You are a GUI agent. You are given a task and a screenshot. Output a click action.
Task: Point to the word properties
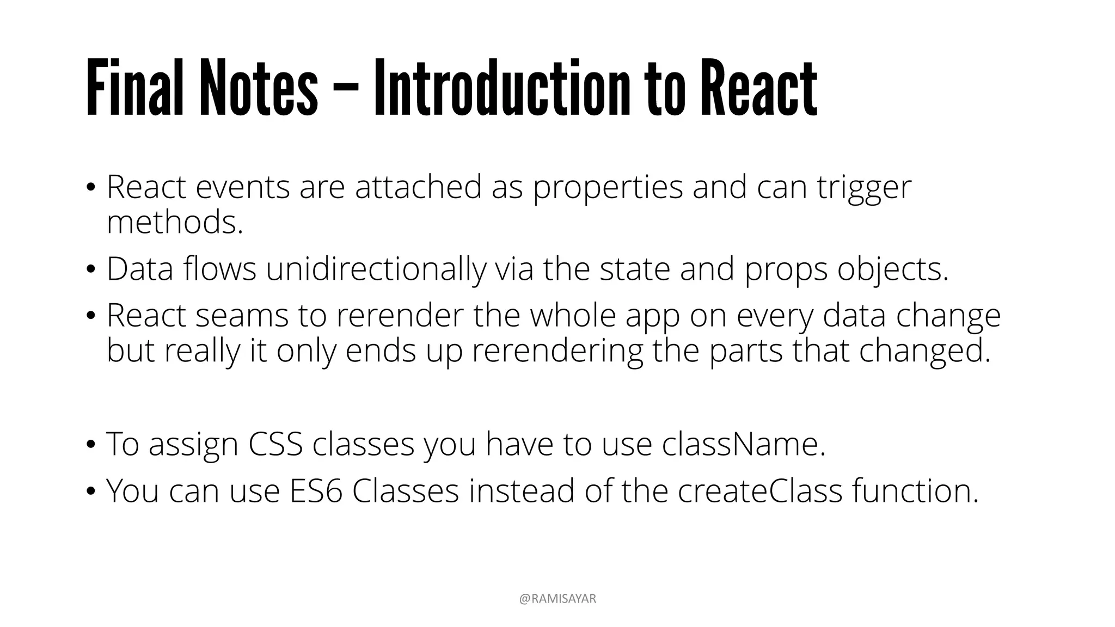point(607,188)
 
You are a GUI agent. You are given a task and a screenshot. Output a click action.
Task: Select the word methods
point(174,222)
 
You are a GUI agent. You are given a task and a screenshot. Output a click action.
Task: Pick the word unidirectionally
point(376,269)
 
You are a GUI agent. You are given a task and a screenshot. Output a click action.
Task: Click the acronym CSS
point(275,444)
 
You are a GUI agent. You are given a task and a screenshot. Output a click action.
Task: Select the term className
point(744,444)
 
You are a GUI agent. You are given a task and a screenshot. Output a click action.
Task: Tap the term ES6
point(316,491)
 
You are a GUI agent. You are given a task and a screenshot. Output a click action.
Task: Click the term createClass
point(760,491)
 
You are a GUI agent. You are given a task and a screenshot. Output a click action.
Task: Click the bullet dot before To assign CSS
point(91,445)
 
